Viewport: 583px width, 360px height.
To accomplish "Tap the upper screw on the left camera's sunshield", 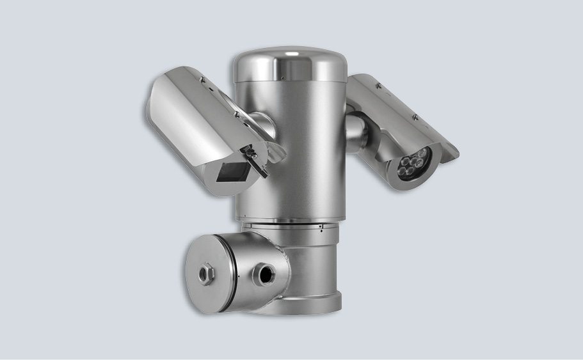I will [203, 79].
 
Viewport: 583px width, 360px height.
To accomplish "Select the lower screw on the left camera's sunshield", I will [236, 115].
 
